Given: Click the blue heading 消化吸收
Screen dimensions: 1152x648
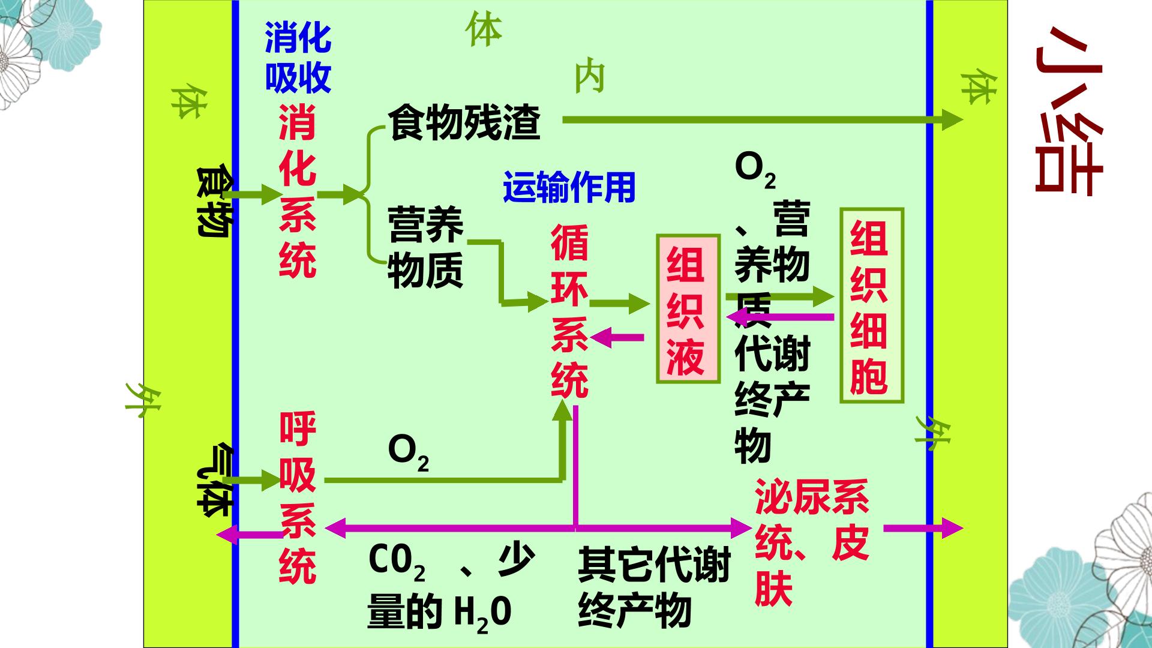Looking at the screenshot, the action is click(298, 58).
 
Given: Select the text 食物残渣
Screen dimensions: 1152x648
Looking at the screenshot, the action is click(464, 122).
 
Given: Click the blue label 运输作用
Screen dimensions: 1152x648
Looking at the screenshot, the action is click(569, 187).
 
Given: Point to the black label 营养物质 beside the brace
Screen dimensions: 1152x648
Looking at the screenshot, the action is click(425, 247).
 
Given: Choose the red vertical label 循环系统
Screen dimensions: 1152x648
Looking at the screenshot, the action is click(569, 311).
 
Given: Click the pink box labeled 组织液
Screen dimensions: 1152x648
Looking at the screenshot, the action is click(688, 308).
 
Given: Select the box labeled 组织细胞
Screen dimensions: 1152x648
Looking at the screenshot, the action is click(871, 305).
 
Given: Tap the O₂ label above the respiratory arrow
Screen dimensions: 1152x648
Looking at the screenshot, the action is click(408, 453).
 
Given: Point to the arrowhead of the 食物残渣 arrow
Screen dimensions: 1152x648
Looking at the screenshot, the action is click(952, 119).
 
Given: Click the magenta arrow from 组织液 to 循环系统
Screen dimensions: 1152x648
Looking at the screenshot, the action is click(617, 338).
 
